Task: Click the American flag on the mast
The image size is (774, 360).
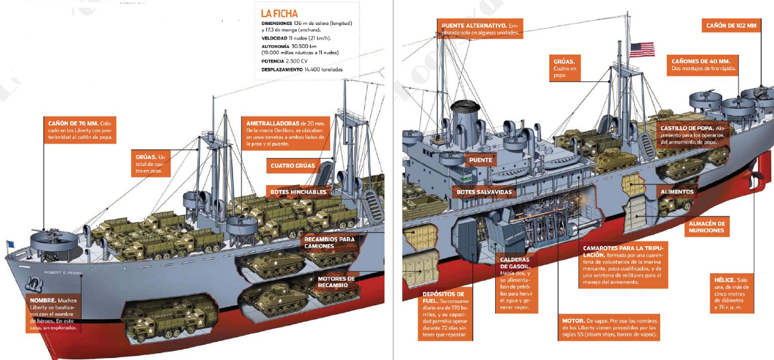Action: coord(642,49)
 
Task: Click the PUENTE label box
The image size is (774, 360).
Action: coord(481,160)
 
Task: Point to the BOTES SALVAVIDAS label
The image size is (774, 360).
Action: coord(484,191)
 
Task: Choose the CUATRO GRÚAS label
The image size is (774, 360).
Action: coord(293,166)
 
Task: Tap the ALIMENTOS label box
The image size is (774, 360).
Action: coord(676,191)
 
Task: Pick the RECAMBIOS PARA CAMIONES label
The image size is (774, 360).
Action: coord(329,243)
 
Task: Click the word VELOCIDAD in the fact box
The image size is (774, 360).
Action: coord(274,37)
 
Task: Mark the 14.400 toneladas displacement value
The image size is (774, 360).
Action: coord(323,69)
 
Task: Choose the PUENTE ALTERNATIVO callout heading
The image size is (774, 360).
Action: coord(473,26)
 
